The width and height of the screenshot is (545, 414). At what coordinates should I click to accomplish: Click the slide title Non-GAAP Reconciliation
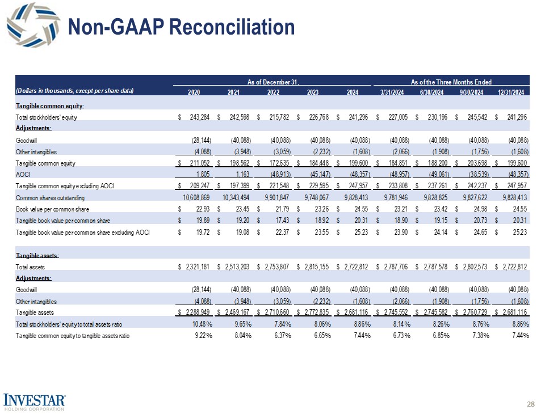coord(181,27)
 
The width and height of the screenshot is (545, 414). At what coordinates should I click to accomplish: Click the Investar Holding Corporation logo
coord(35,400)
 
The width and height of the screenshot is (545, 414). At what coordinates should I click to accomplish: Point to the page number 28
coord(531,404)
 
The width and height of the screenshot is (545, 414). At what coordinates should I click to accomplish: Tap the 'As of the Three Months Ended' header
coord(451,82)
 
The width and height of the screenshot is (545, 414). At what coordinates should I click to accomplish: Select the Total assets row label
coord(30,266)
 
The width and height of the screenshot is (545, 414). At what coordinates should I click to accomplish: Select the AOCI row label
coord(22,174)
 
